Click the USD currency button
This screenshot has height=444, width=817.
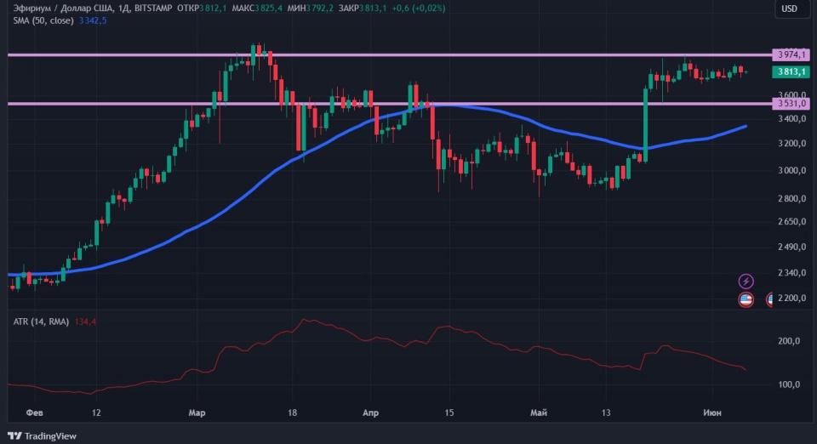point(790,9)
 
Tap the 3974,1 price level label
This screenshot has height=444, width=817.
point(791,54)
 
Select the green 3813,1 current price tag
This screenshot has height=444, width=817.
point(791,72)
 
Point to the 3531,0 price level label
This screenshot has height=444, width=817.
point(791,104)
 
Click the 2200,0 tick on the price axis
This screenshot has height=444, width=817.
point(791,299)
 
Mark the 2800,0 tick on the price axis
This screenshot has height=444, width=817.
point(791,198)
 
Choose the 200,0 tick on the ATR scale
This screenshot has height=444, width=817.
point(789,341)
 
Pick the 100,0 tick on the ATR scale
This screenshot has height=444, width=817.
point(789,384)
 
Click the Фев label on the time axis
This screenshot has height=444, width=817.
point(35,413)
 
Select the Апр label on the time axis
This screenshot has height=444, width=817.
point(370,413)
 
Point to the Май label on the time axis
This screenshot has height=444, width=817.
point(539,413)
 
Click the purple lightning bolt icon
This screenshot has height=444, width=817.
point(746,281)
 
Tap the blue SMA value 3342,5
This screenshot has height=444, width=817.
point(92,20)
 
